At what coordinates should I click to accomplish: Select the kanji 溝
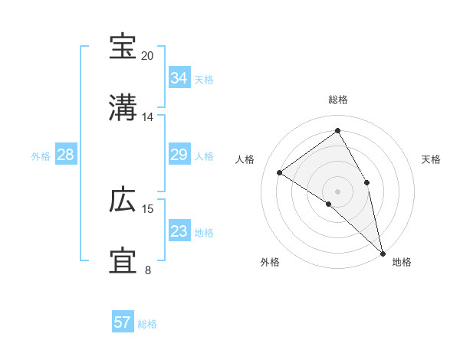coord(123,108)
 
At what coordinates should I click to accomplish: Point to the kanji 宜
coord(123,261)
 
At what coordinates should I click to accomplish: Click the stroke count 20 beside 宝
coord(148,56)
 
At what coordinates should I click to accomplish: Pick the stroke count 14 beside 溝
coord(148,117)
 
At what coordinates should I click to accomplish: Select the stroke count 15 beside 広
coord(148,209)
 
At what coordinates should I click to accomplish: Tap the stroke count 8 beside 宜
coord(148,270)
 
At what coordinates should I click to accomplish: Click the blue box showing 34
coord(179,78)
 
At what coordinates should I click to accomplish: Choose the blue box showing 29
coord(179,155)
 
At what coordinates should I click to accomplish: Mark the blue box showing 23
coord(179,232)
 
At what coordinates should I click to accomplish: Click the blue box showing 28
coord(65,155)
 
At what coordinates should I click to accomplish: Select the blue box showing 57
coord(122,323)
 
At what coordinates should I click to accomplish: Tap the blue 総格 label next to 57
coord(147,324)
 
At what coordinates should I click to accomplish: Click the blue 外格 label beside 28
coord(41,156)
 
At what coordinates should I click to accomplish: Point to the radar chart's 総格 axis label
coord(338,100)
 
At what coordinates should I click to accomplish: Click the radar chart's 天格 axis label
coord(431,159)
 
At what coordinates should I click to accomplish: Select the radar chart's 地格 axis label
coord(402,262)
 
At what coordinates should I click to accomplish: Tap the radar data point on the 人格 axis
coord(280,173)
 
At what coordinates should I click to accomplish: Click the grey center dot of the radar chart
coord(338,191)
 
